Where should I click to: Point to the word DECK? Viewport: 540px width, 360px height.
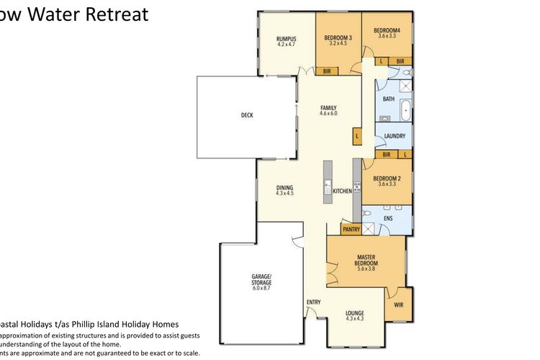coord(247,115)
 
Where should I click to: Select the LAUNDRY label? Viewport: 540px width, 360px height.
coord(395,135)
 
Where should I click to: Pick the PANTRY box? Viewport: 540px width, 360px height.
coord(351,230)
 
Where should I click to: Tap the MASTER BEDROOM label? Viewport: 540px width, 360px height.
coord(366,260)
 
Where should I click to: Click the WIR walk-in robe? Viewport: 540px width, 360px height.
coord(399,305)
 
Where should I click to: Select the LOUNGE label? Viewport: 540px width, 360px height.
coord(354,313)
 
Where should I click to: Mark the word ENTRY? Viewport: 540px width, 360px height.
coord(314,302)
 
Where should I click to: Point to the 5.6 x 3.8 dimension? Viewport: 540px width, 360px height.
coord(366,269)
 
